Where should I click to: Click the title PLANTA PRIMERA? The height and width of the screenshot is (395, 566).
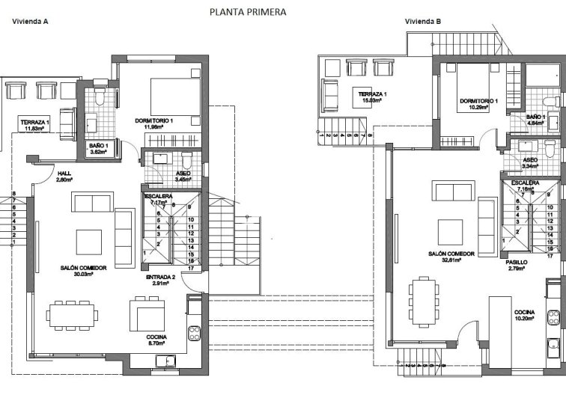pos(247,12)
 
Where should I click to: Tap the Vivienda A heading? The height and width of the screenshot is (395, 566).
pos(31,22)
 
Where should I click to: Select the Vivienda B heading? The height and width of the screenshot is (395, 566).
pos(423,22)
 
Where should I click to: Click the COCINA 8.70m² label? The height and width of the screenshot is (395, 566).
pos(156,341)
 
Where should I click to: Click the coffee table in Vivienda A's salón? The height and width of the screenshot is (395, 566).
pos(89,242)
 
